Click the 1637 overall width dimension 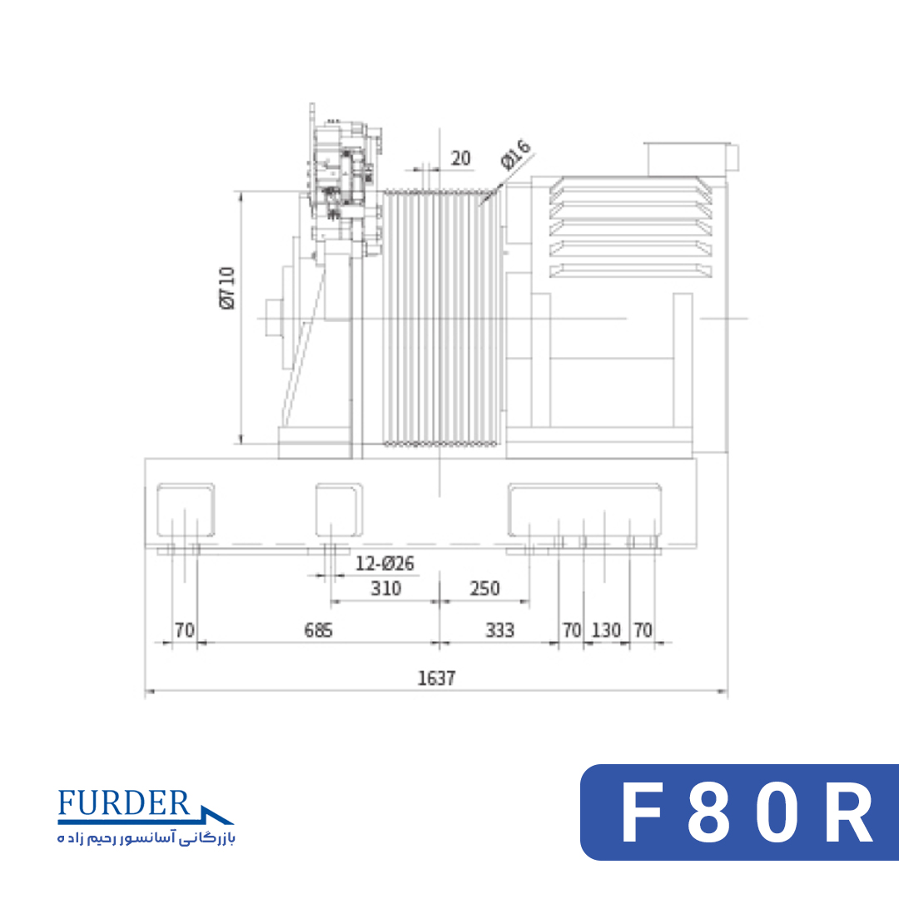point(436,678)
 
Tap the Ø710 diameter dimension point(227,288)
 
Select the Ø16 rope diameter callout point(516,155)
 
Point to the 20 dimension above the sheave point(461,158)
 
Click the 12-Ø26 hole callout point(385,564)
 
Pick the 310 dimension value point(386,589)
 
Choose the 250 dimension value point(484,589)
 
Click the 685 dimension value point(318,631)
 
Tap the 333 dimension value point(500,631)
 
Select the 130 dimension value point(606,631)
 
